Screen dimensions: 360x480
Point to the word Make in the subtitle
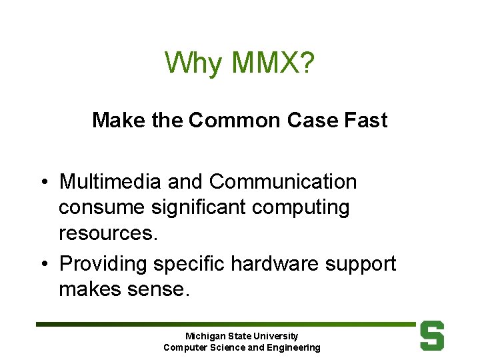(115, 121)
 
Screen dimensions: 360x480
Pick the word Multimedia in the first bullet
(110, 181)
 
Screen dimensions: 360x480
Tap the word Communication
(283, 181)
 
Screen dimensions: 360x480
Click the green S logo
(431, 336)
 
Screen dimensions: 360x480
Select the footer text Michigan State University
(241, 336)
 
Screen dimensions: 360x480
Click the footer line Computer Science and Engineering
(241, 347)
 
